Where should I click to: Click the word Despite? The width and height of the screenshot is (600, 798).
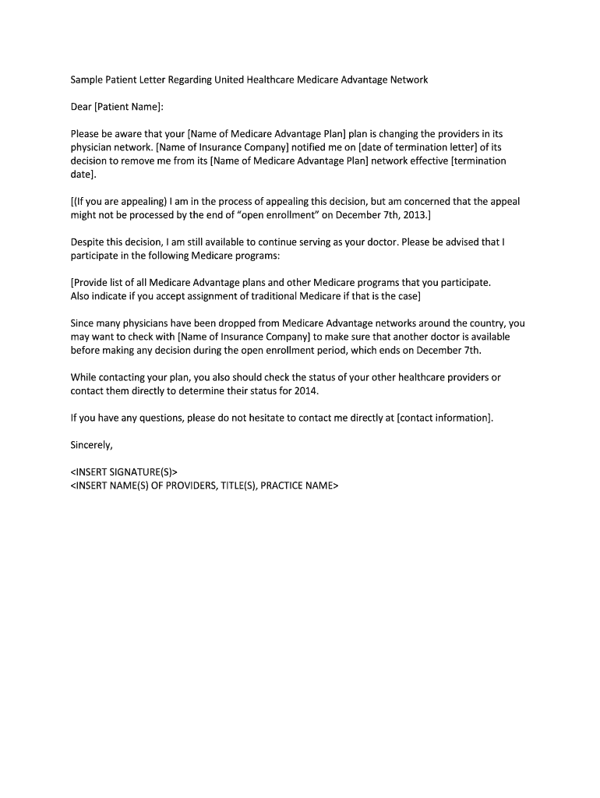[88, 242]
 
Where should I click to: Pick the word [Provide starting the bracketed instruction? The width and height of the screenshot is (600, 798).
[91, 282]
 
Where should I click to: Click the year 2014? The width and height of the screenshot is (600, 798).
[307, 390]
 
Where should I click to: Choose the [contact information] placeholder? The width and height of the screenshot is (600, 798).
[444, 418]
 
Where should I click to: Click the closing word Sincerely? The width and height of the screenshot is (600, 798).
[91, 445]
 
